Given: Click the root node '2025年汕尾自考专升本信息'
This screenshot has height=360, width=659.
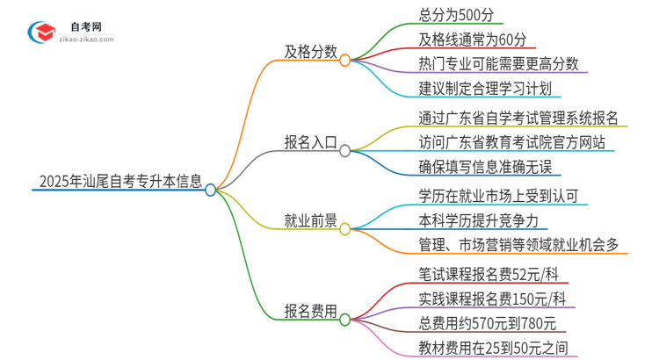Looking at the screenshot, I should [x=121, y=182].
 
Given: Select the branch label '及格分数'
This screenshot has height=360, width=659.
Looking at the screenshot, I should [x=310, y=52].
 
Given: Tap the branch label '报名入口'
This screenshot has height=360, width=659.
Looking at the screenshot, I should [x=310, y=142].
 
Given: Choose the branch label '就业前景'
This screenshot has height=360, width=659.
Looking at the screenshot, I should [x=310, y=220].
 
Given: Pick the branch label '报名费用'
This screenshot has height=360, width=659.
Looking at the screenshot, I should [x=310, y=310].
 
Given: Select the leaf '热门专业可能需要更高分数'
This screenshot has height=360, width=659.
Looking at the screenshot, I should [x=498, y=64].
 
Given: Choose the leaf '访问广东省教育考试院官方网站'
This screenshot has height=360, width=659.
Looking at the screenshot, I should [x=512, y=142].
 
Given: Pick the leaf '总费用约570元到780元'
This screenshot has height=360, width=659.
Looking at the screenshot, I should [x=486, y=321].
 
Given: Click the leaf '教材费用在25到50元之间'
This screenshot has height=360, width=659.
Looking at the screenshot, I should [x=492, y=346].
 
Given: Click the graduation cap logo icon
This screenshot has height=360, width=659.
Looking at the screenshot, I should [x=40, y=32].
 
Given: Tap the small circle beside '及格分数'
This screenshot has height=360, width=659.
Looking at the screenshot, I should [x=345, y=61].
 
